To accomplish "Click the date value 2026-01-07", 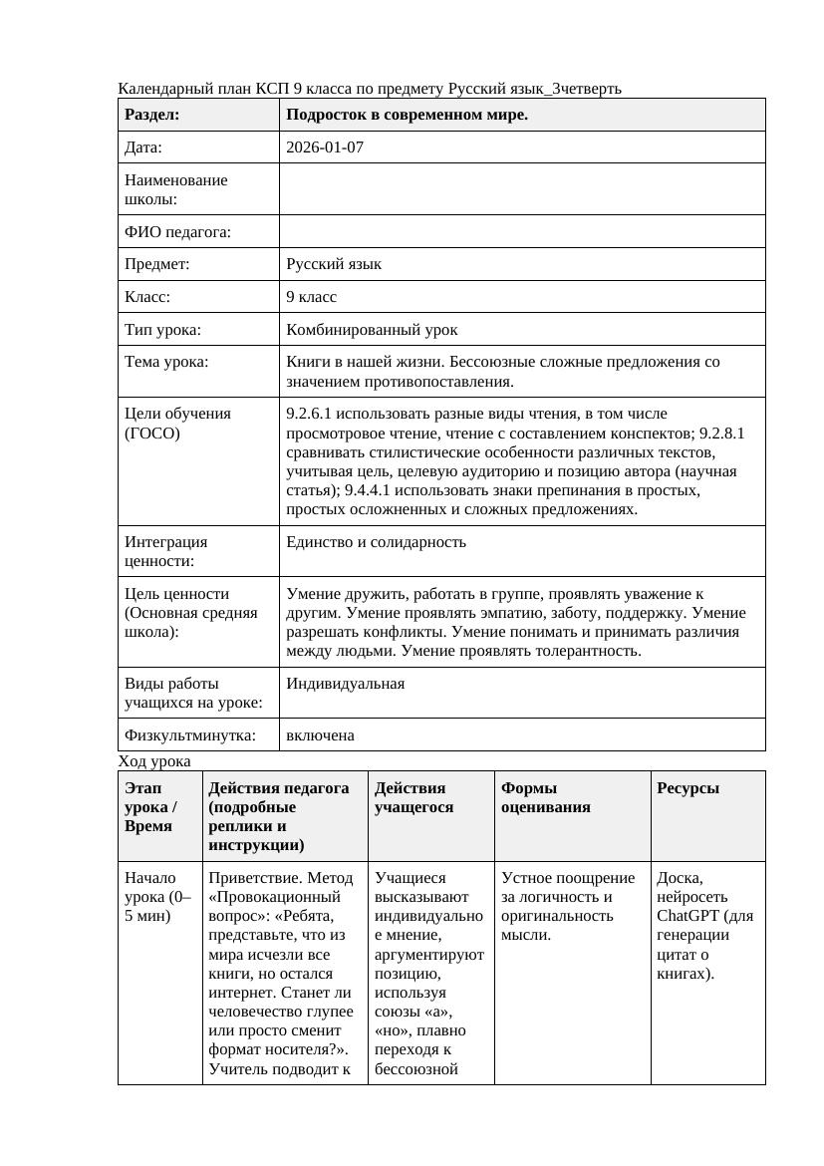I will tap(325, 147).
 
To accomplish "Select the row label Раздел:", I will tap(152, 115).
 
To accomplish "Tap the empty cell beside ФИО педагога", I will tap(522, 232).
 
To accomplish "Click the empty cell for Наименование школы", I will tap(522, 189).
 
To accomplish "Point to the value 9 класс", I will tap(311, 297).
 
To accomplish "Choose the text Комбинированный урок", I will tap(372, 329).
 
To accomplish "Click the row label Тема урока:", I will tap(167, 362).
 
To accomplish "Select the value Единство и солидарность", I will tap(376, 542).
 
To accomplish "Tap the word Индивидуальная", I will tap(345, 684).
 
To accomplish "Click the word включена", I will tap(320, 735).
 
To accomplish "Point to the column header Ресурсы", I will tap(687, 788).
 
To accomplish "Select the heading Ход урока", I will tap(154, 761).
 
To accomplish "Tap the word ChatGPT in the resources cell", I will tap(689, 916).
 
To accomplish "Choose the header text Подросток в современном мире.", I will tap(407, 115).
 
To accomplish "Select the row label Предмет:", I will tap(157, 264).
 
